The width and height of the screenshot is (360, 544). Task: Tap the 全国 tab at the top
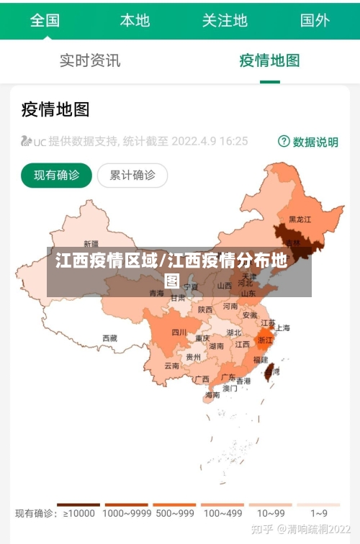(45, 20)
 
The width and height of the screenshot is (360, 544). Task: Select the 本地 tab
(135, 20)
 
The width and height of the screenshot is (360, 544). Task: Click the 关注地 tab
(225, 20)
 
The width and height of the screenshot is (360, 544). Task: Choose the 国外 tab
(315, 20)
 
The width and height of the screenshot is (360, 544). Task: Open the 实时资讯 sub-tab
(90, 60)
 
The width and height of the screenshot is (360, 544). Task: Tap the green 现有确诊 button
(57, 175)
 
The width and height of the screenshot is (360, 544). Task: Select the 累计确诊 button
(132, 175)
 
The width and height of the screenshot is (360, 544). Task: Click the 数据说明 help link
(308, 142)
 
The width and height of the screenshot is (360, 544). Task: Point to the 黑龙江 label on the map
(300, 219)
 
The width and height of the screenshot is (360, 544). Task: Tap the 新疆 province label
(91, 244)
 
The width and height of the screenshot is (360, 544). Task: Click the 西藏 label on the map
(109, 337)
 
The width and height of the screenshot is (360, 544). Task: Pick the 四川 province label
(179, 332)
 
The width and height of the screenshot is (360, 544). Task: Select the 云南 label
(171, 366)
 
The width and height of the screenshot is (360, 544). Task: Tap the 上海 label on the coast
(282, 328)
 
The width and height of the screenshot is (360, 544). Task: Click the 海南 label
(212, 394)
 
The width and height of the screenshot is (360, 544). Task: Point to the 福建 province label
(260, 359)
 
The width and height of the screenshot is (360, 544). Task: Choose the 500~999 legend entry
(174, 512)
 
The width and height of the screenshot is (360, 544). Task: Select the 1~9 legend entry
(318, 512)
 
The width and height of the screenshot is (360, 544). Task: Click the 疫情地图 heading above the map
(55, 109)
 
